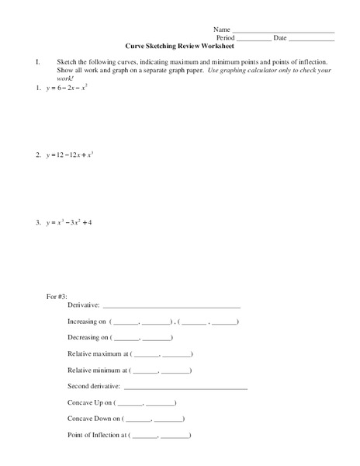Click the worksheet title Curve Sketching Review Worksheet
tap(180, 46)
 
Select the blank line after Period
tap(253, 38)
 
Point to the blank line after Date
tap(312, 38)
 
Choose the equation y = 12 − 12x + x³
tap(71, 155)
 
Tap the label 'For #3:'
tap(59, 297)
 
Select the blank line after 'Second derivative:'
tap(185, 386)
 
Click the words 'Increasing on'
tap(86, 322)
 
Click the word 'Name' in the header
tap(222, 29)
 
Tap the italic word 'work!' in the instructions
tap(65, 78)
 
